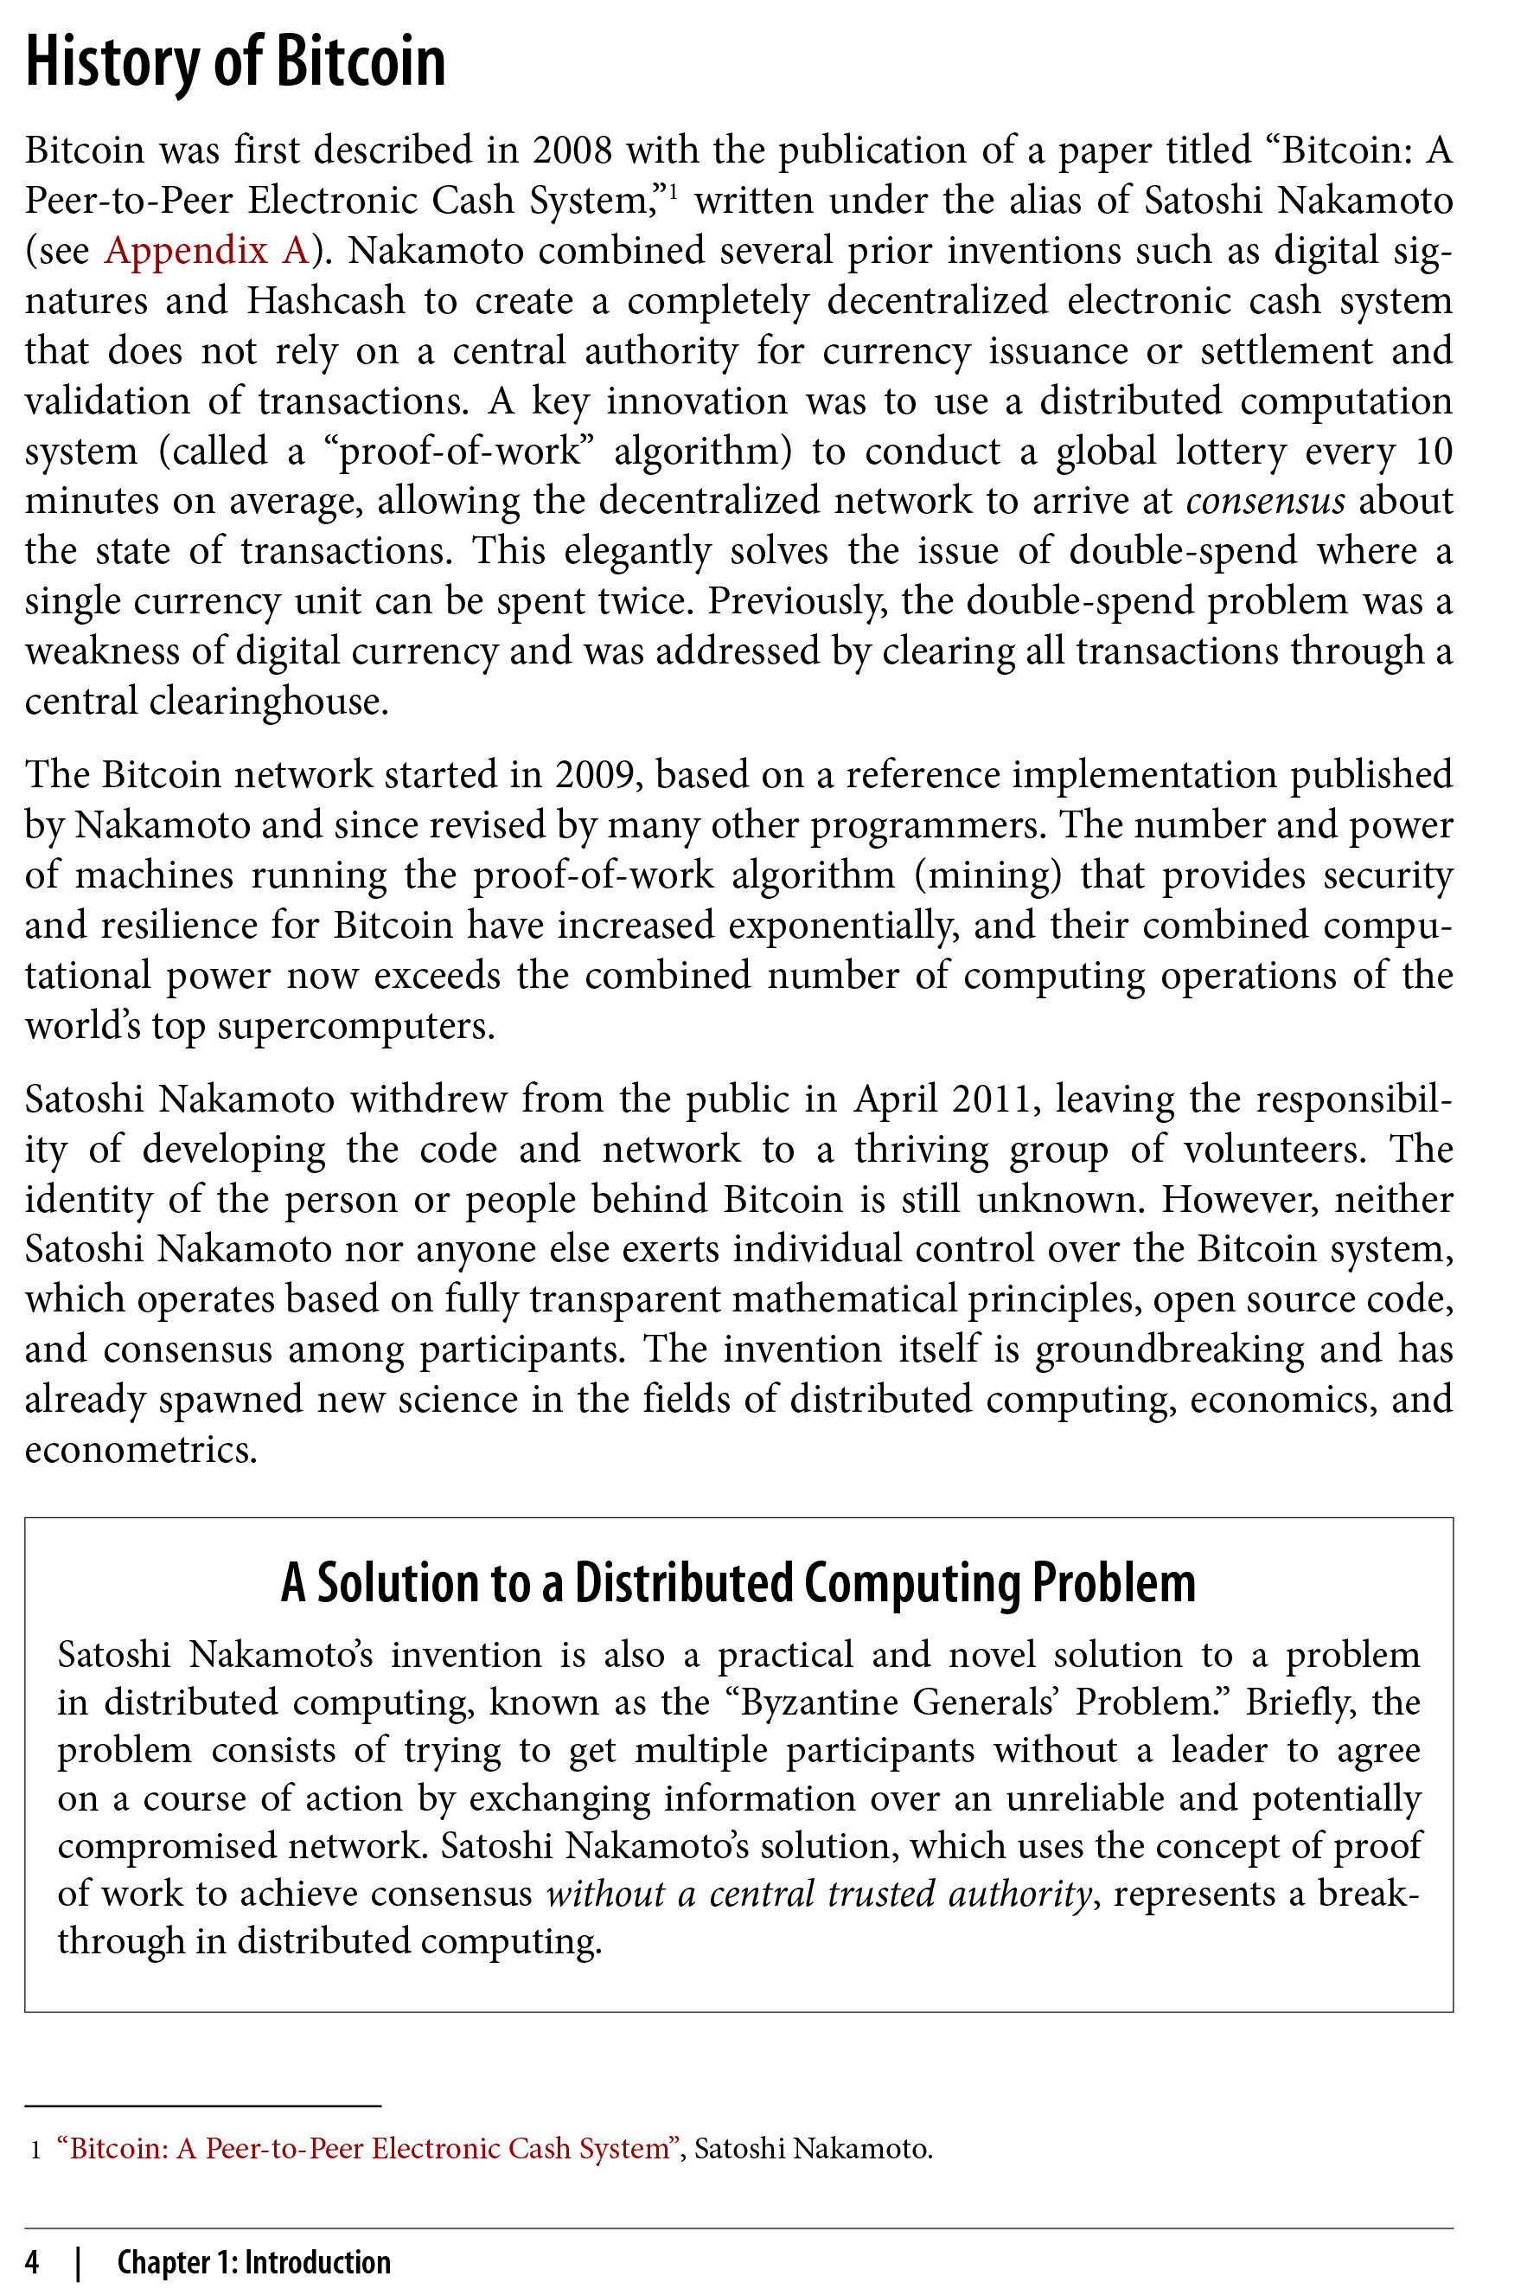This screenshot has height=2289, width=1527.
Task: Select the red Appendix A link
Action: (206, 250)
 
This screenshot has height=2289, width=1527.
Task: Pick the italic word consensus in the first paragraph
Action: (1265, 501)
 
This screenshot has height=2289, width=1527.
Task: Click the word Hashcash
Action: (325, 300)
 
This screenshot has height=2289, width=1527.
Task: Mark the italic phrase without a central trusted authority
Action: (817, 1893)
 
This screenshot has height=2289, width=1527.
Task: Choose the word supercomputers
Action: (355, 1026)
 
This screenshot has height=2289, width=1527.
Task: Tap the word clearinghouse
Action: (268, 702)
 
